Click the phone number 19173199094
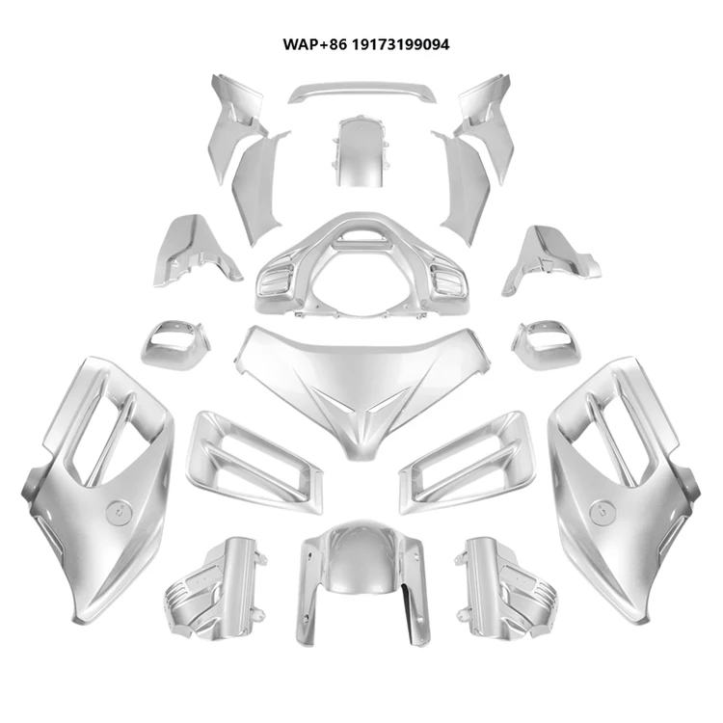tap(397, 44)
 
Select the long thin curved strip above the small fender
tap(361, 93)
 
